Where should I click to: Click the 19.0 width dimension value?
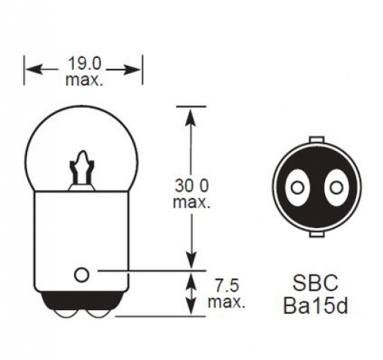coord(83,65)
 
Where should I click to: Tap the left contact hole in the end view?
coord(296,188)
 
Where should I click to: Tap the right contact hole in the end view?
coord(335,188)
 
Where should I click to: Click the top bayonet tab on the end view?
coord(316,139)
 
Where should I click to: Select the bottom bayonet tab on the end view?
coord(316,235)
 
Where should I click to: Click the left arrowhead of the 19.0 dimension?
coord(31,70)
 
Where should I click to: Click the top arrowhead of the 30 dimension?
coord(192,112)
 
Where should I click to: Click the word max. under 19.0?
coord(84,80)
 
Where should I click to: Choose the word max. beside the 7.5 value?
coord(226,301)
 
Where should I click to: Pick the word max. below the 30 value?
coord(192,202)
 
